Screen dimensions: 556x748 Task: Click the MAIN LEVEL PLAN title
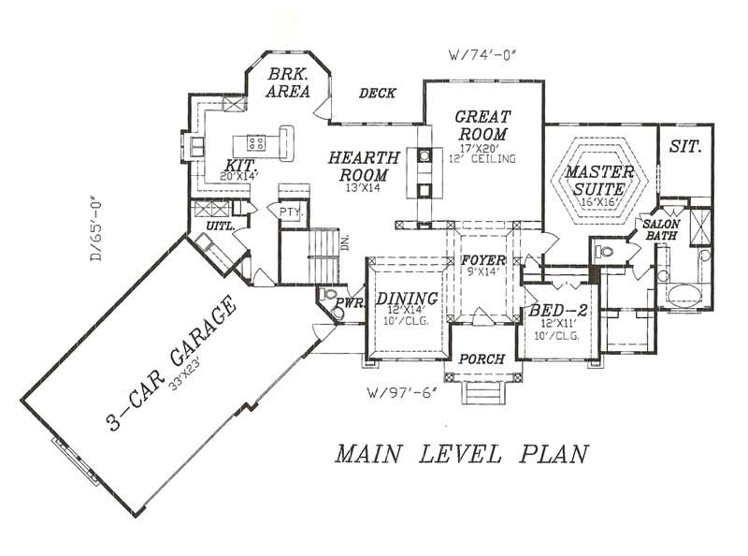pyautogui.click(x=462, y=454)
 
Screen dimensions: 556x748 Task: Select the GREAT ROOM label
pyautogui.click(x=482, y=125)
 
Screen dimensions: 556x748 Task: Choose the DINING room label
pyautogui.click(x=400, y=299)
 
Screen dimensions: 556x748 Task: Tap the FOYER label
pyautogui.click(x=483, y=259)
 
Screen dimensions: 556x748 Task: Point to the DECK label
pyautogui.click(x=377, y=94)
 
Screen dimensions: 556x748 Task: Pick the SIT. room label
pyautogui.click(x=685, y=147)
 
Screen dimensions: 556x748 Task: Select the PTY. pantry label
pyautogui.click(x=288, y=212)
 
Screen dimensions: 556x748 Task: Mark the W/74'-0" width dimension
pyautogui.click(x=482, y=52)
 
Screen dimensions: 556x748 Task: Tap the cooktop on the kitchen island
pyautogui.click(x=256, y=142)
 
